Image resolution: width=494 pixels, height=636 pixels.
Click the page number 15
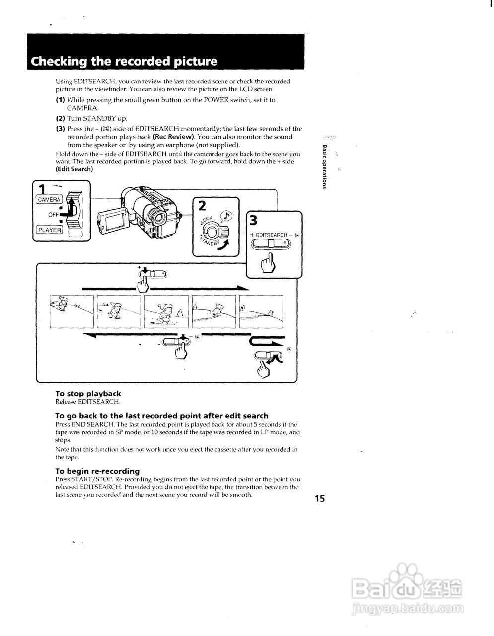(x=319, y=498)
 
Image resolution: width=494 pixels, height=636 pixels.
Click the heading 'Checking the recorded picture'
(x=124, y=62)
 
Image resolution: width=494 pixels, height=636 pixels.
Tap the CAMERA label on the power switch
(x=49, y=199)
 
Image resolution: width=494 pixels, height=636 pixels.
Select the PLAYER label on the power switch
(x=49, y=230)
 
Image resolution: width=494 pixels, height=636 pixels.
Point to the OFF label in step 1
(x=53, y=215)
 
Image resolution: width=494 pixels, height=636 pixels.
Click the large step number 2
(x=202, y=205)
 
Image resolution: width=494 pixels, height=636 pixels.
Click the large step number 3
(x=254, y=219)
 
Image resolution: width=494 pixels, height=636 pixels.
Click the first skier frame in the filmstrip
(x=71, y=312)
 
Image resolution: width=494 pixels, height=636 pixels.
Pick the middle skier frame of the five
(x=166, y=312)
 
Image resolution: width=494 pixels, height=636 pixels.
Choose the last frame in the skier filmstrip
(x=261, y=312)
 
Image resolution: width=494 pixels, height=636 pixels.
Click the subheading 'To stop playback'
(x=88, y=393)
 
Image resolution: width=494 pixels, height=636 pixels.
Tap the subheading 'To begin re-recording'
(x=97, y=471)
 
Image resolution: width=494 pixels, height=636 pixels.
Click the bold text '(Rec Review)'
(x=173, y=137)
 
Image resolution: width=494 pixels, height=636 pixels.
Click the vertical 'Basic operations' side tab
(x=324, y=166)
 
